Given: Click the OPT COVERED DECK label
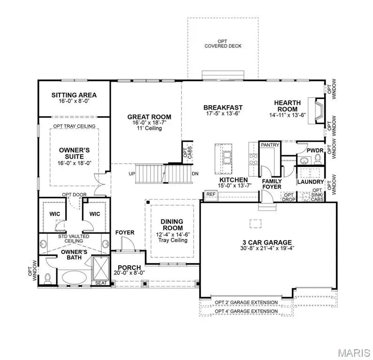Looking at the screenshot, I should point(222,44).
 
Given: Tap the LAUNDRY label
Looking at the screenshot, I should point(311,182).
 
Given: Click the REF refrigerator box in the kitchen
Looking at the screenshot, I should point(211,194).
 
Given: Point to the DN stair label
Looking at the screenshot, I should point(196,174).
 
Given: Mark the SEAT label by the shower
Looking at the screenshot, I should point(101,283).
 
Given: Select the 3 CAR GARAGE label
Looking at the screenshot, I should point(268,242).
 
